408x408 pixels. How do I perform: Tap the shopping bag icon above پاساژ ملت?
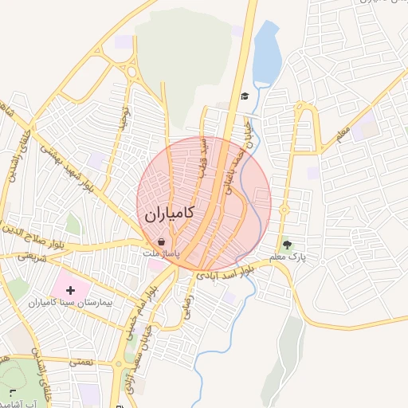point(162,241)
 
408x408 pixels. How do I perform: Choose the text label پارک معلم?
point(288,257)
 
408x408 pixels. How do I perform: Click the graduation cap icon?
point(244,96)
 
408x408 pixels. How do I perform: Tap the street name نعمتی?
point(80,362)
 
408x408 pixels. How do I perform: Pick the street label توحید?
point(124,118)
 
